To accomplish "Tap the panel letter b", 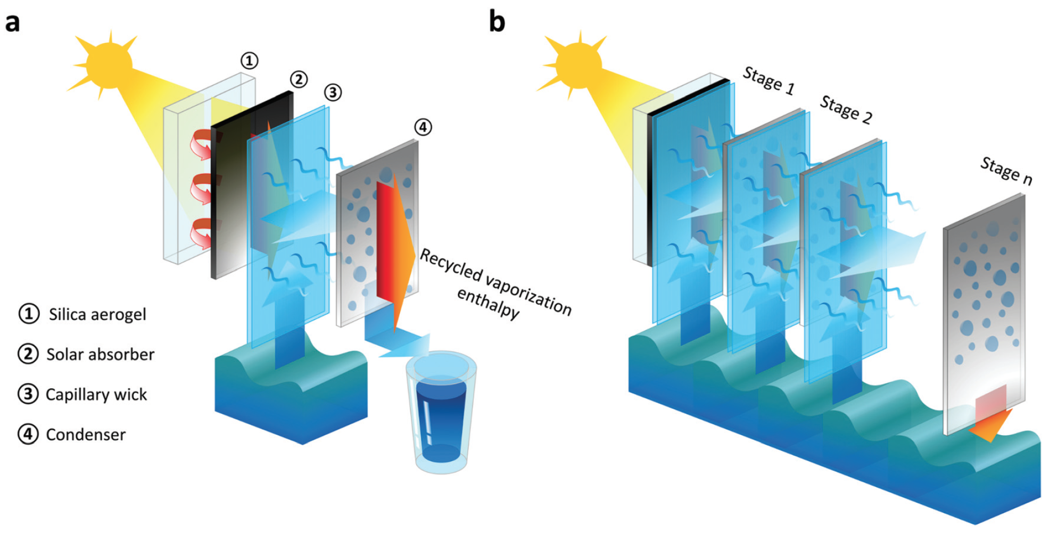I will [x=497, y=22].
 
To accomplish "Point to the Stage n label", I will [x=1006, y=171].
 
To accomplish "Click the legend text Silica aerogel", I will [x=97, y=314].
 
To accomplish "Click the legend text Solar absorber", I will [x=100, y=354].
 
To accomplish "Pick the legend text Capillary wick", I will [x=96, y=395].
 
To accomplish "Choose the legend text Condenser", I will [x=86, y=435].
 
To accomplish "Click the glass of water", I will [x=441, y=412].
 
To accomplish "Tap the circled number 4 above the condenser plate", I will [x=423, y=127].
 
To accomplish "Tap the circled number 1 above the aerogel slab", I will [x=249, y=61].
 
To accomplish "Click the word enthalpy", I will [x=487, y=304].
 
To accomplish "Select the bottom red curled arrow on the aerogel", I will [x=201, y=233].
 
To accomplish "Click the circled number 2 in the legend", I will [x=28, y=354].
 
